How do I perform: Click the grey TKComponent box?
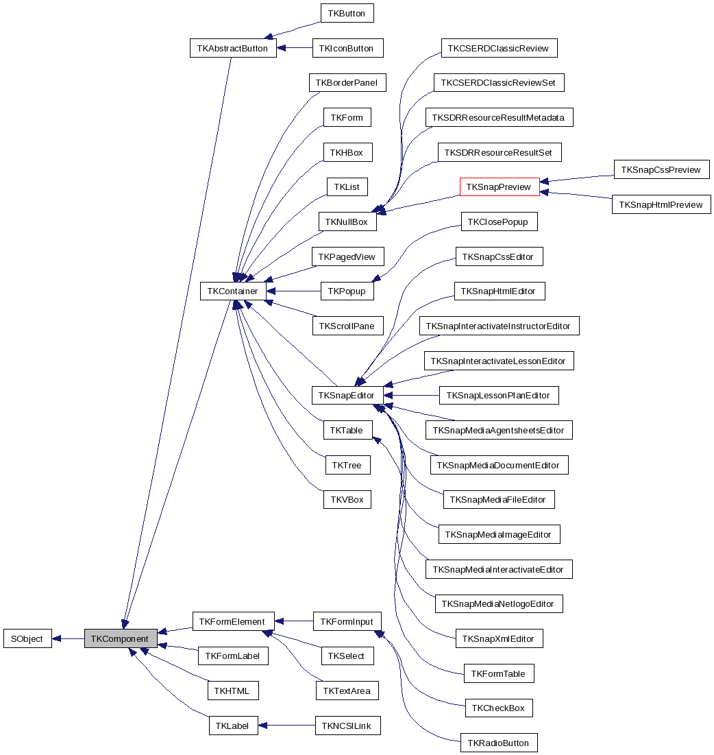(x=120, y=638)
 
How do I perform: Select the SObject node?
(x=27, y=638)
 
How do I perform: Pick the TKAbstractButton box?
(x=232, y=48)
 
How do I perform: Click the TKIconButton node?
(x=347, y=48)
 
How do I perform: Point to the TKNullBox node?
(x=347, y=221)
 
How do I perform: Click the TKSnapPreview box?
(x=499, y=187)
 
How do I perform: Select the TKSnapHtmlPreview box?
(x=661, y=204)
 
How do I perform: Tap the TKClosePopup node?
(x=499, y=221)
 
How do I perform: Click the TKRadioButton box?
(x=499, y=743)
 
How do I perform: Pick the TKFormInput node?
(x=347, y=621)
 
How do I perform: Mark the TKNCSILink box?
(x=347, y=726)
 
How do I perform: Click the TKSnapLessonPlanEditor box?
(x=499, y=395)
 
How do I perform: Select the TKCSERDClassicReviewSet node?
(x=499, y=82)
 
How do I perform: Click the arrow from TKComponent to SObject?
(x=68, y=638)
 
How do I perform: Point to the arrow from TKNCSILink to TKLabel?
(x=286, y=726)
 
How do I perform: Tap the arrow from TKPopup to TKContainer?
(x=293, y=291)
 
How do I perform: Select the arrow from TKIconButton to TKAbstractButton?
(x=295, y=48)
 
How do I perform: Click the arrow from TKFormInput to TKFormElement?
(x=294, y=621)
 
